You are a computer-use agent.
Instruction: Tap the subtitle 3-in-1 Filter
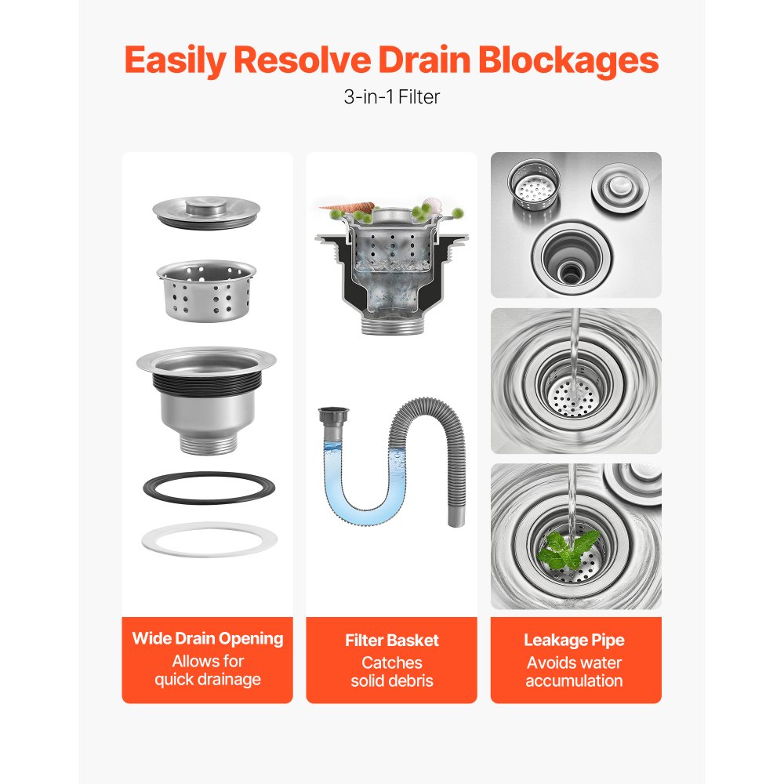(391, 98)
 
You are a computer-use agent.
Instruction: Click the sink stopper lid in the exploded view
(207, 212)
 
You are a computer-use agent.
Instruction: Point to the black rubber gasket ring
(208, 488)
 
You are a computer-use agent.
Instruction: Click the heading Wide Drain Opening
(207, 638)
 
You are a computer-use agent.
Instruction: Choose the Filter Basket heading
(391, 641)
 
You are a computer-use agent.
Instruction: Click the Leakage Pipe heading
(575, 641)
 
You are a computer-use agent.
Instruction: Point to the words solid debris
(391, 681)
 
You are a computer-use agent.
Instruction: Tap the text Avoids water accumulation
(575, 672)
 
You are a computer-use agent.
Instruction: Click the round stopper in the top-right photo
(620, 187)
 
